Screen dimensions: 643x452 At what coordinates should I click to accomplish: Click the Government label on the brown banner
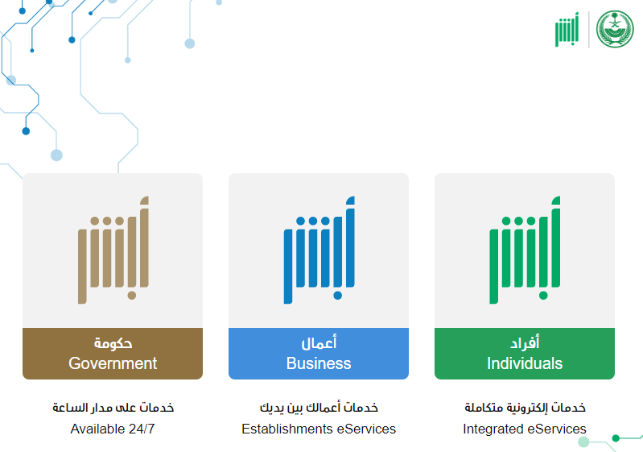113,363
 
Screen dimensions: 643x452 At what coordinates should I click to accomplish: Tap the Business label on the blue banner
319,363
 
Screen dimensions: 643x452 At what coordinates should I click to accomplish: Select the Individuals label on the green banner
525,363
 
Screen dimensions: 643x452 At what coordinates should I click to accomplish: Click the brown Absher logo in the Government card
113,250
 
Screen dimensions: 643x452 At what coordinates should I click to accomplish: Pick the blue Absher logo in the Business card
319,250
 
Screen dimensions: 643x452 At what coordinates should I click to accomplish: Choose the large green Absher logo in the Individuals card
525,250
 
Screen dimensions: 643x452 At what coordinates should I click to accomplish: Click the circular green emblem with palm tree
615,29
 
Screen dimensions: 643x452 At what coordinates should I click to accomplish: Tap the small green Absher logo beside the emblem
567,30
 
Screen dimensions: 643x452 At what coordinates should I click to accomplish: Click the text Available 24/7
113,429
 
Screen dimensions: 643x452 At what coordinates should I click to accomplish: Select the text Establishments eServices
319,429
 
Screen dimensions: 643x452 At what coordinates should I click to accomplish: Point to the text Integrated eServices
525,429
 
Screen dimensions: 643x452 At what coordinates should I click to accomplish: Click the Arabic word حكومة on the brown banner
113,342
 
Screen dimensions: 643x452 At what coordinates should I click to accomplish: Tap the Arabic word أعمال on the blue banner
319,342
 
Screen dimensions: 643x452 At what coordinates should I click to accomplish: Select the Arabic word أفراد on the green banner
525,342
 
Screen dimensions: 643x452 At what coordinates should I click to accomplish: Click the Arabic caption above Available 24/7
113,407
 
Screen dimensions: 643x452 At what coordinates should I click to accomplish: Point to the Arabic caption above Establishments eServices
319,407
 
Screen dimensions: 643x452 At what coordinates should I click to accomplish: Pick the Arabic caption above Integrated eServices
525,407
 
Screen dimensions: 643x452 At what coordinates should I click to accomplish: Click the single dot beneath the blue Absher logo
338,296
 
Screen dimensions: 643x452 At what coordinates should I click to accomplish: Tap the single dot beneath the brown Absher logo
132,296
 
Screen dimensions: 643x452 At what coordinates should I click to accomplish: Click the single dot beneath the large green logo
543,296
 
